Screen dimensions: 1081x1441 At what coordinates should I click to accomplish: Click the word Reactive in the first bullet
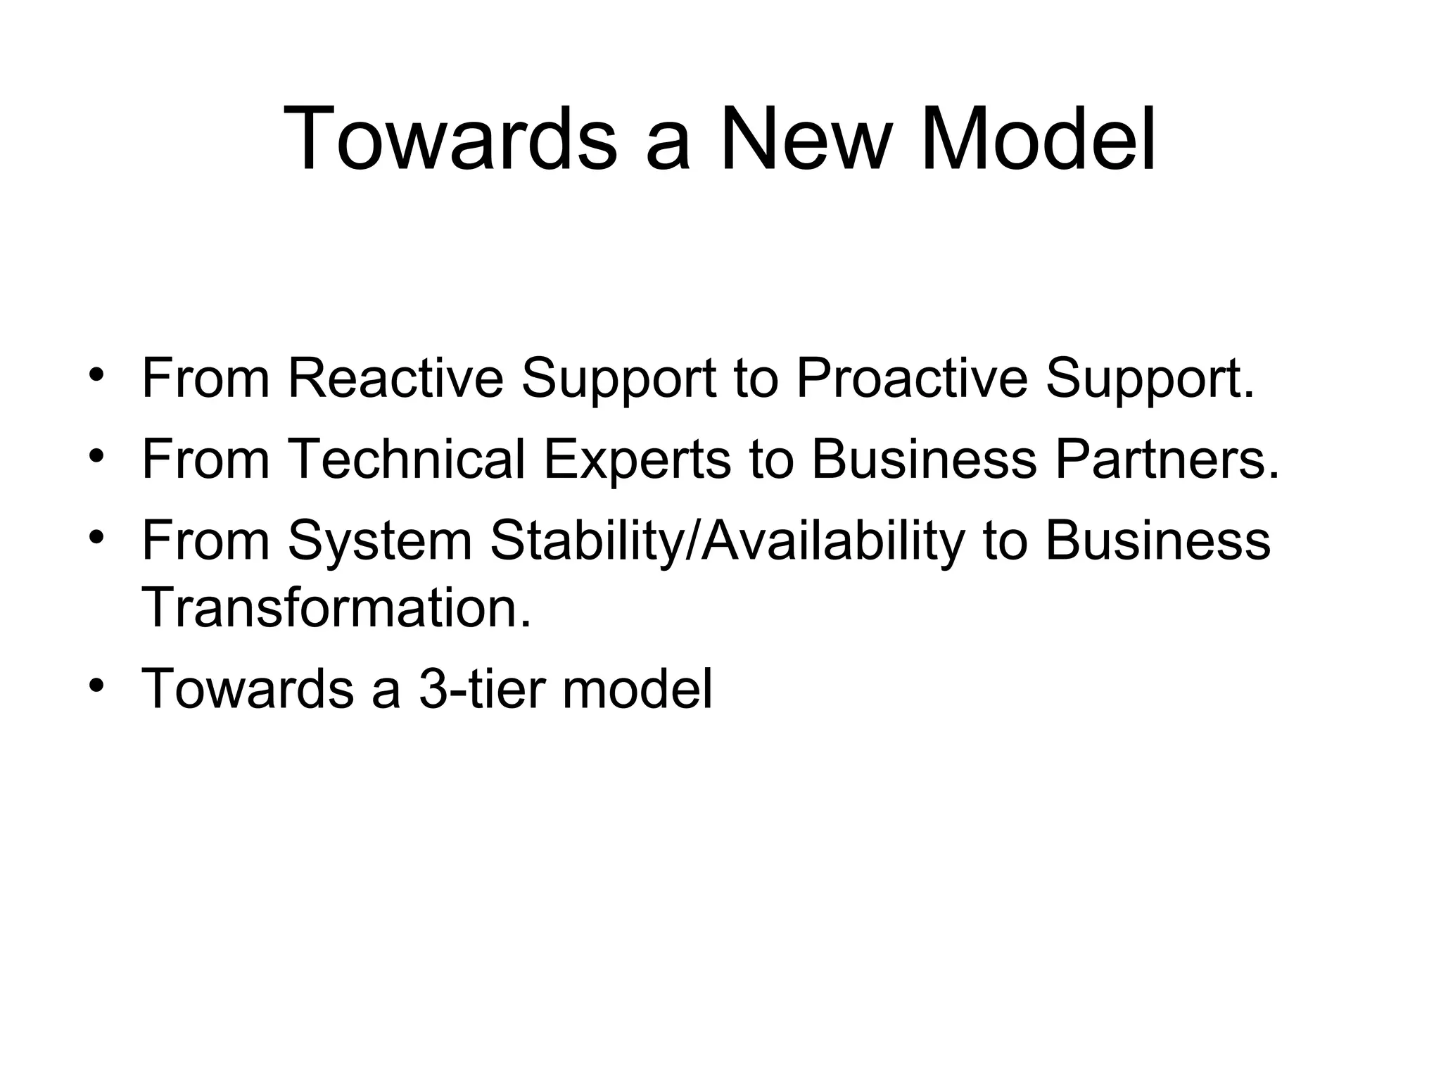[x=395, y=379]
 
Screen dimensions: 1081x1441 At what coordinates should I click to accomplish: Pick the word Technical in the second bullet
[x=406, y=460]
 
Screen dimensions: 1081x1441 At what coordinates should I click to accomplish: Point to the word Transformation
[x=336, y=607]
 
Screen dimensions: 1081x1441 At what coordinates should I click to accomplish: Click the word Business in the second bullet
[x=924, y=460]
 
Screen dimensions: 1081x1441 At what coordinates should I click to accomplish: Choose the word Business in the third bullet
[x=1157, y=540]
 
